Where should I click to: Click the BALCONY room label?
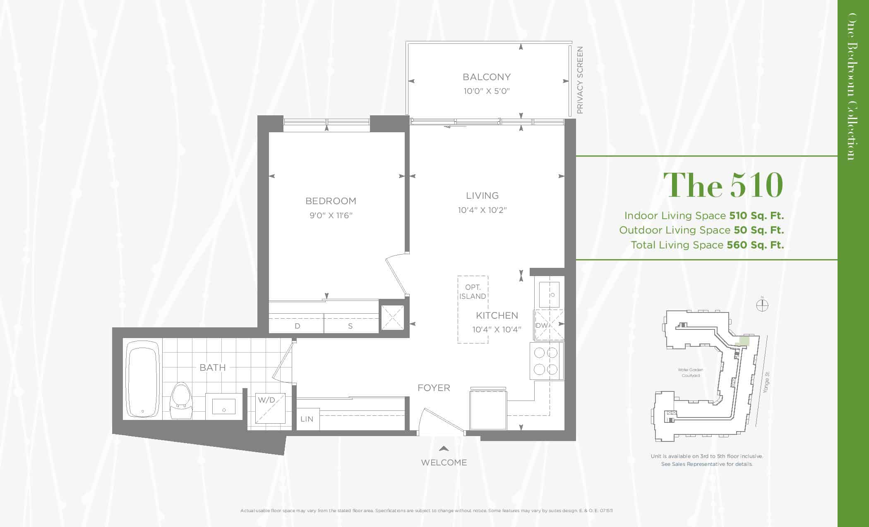tap(487, 77)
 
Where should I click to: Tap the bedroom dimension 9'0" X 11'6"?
tap(331, 215)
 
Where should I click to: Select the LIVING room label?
tap(482, 196)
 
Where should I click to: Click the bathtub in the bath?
tap(142, 379)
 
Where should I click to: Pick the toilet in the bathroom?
tap(181, 401)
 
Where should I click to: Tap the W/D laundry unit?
tap(270, 408)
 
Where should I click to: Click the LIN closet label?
tap(307, 419)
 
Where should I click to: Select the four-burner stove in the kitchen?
tap(546, 361)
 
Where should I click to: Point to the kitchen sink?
tap(549, 294)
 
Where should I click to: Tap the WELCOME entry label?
tap(444, 463)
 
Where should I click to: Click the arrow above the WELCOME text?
tap(444, 448)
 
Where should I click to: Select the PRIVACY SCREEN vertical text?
tap(580, 80)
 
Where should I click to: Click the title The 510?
tap(723, 185)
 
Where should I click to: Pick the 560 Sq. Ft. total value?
tap(755, 245)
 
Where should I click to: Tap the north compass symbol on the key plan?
tap(762, 305)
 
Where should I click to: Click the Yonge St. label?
tap(767, 382)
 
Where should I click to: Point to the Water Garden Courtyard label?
tap(691, 373)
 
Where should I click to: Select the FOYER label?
tap(434, 388)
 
